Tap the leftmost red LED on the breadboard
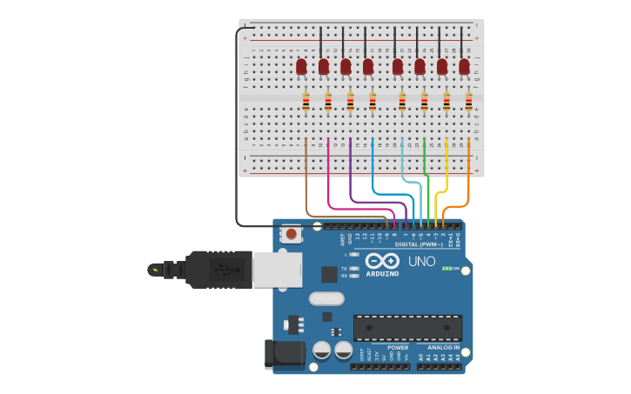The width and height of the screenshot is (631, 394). click(x=302, y=66)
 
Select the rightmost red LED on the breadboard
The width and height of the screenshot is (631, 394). click(x=465, y=66)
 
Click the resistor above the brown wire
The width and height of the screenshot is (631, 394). click(x=305, y=102)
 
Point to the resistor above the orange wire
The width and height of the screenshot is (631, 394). click(x=469, y=102)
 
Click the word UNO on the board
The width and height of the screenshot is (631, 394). click(x=422, y=261)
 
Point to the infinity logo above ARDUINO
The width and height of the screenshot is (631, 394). click(x=382, y=260)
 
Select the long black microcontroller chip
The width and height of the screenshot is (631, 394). click(x=407, y=328)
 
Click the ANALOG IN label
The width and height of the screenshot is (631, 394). click(x=444, y=347)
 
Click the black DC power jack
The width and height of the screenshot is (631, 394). click(x=285, y=353)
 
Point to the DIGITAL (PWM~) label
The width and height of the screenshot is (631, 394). click(x=419, y=244)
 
